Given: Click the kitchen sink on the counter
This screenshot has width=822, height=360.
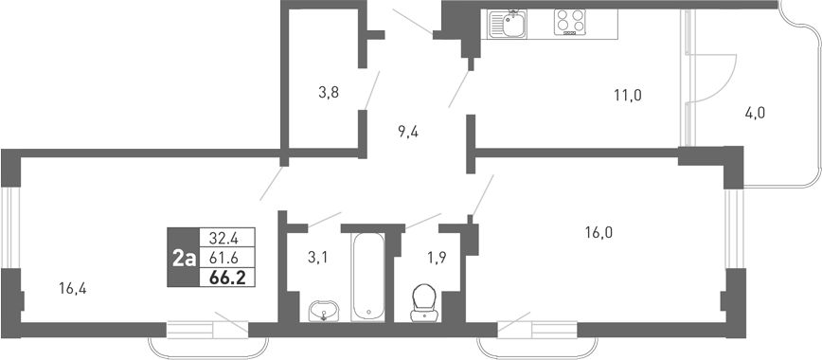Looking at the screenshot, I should (x=509, y=23).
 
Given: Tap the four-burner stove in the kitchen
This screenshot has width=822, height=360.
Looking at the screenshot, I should (x=571, y=22).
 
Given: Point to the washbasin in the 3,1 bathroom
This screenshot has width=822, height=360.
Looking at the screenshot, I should (x=324, y=310).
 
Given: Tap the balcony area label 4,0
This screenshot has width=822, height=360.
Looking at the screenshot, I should (x=755, y=113).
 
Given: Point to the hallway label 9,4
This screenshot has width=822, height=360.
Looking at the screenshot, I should (x=408, y=132).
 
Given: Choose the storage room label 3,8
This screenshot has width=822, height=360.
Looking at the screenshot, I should (x=329, y=92).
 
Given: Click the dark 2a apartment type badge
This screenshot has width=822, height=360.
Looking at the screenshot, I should (x=183, y=258).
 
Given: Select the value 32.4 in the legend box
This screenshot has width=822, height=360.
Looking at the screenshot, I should (x=223, y=237).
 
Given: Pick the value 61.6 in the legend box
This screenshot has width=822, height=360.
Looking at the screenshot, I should (x=223, y=258).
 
